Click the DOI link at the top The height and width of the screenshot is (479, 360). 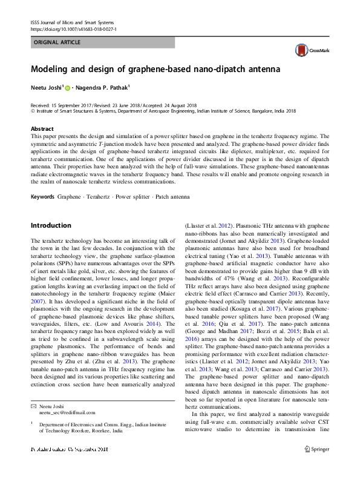point(74,29)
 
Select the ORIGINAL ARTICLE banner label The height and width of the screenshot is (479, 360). point(57,43)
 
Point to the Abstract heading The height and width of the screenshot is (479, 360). point(42,129)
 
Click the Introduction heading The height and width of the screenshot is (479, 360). point(51,225)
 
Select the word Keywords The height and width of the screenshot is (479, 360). point(42,197)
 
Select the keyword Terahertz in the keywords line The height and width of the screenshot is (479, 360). point(97,197)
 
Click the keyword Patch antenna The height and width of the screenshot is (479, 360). point(171,197)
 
